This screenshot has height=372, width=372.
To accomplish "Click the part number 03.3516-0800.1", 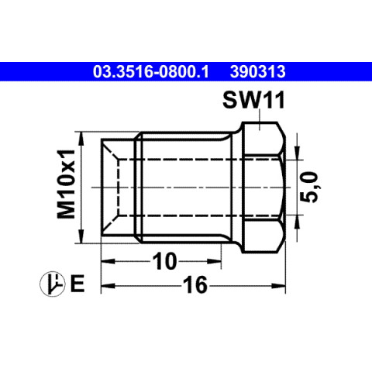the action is point(151,72).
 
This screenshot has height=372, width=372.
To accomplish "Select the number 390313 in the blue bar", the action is point(258,72).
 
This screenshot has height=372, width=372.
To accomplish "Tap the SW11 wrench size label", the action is point(253,100).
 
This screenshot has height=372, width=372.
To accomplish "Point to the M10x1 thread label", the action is point(66,184).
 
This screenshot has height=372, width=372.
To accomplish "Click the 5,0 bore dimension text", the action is point(309,187).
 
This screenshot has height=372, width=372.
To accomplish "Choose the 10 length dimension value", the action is point(165,261).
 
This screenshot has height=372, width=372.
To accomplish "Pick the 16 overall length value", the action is point(195,285).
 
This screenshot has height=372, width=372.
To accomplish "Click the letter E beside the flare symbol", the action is point(77,284).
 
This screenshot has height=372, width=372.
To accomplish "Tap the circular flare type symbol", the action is point(53,284).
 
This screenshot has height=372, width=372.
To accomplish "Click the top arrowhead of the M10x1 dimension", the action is point(81,139).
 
